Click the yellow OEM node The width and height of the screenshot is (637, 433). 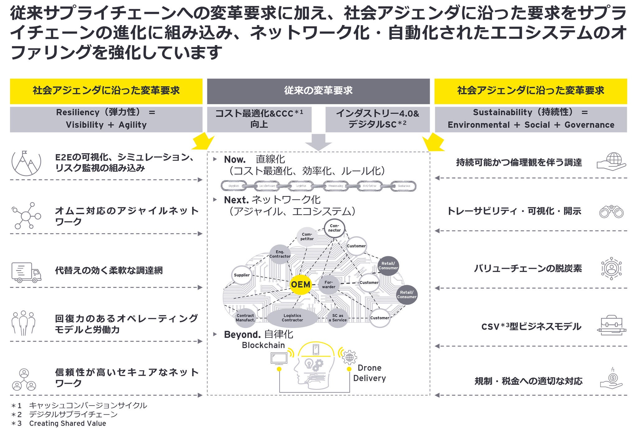[x=300, y=284]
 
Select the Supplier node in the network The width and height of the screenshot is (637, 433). [x=242, y=275]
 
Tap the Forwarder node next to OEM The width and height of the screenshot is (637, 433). [x=328, y=284]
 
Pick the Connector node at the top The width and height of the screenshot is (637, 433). [x=334, y=228]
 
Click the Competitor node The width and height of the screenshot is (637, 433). [x=307, y=237]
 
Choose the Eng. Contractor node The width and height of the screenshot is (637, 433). [x=280, y=254]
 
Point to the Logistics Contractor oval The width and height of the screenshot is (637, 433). [x=292, y=318]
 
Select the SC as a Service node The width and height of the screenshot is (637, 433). [x=337, y=318]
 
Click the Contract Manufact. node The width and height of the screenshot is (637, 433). [x=245, y=318]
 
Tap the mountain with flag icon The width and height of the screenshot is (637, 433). [x=26, y=164]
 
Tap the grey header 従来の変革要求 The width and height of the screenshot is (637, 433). [x=318, y=91]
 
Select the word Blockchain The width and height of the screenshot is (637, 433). [x=263, y=345]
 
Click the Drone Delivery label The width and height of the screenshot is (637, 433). [x=370, y=373]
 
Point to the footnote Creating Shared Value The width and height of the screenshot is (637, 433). [x=67, y=423]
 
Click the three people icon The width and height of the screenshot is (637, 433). [x=23, y=323]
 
